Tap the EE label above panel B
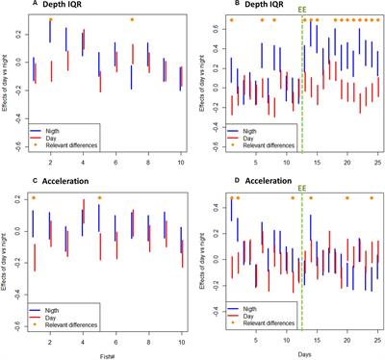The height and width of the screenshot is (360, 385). (x=302, y=10)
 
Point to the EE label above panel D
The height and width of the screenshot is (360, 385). (x=302, y=189)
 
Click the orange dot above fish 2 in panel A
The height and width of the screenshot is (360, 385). (x=50, y=19)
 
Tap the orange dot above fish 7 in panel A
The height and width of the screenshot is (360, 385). (x=132, y=19)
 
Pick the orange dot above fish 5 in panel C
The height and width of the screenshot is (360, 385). (x=99, y=198)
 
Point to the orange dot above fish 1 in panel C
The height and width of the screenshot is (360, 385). (x=34, y=198)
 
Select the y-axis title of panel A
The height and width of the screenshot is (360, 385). (x=7, y=87)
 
